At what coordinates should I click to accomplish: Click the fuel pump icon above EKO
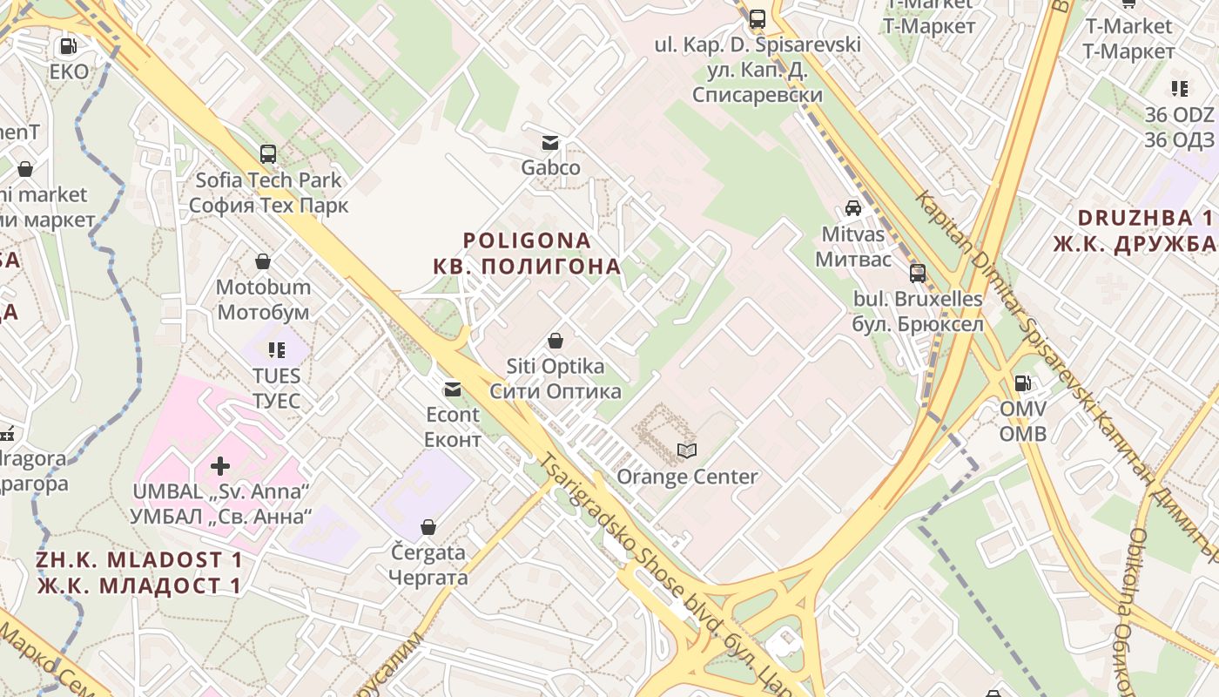click(67, 46)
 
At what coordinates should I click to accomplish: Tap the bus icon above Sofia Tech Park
click(268, 154)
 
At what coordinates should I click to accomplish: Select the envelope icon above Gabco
click(550, 143)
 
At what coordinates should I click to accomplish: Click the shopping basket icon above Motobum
click(263, 261)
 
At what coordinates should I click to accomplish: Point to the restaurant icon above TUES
click(277, 350)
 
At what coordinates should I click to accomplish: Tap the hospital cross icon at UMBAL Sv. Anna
click(220, 466)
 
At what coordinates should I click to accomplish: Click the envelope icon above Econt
click(453, 389)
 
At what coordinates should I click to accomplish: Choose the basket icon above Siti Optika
click(556, 341)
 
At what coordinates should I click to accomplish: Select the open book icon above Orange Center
click(687, 450)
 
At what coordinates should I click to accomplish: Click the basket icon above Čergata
click(428, 527)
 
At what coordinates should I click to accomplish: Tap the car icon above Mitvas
click(853, 208)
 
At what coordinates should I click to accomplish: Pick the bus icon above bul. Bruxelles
click(918, 274)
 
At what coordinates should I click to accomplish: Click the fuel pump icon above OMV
click(1023, 382)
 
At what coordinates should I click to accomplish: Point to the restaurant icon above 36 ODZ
click(1180, 88)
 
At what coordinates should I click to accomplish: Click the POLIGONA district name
click(527, 240)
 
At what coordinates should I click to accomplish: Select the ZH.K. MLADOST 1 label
click(139, 559)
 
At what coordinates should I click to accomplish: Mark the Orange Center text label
click(687, 477)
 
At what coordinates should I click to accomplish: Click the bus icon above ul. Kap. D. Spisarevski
click(758, 18)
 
